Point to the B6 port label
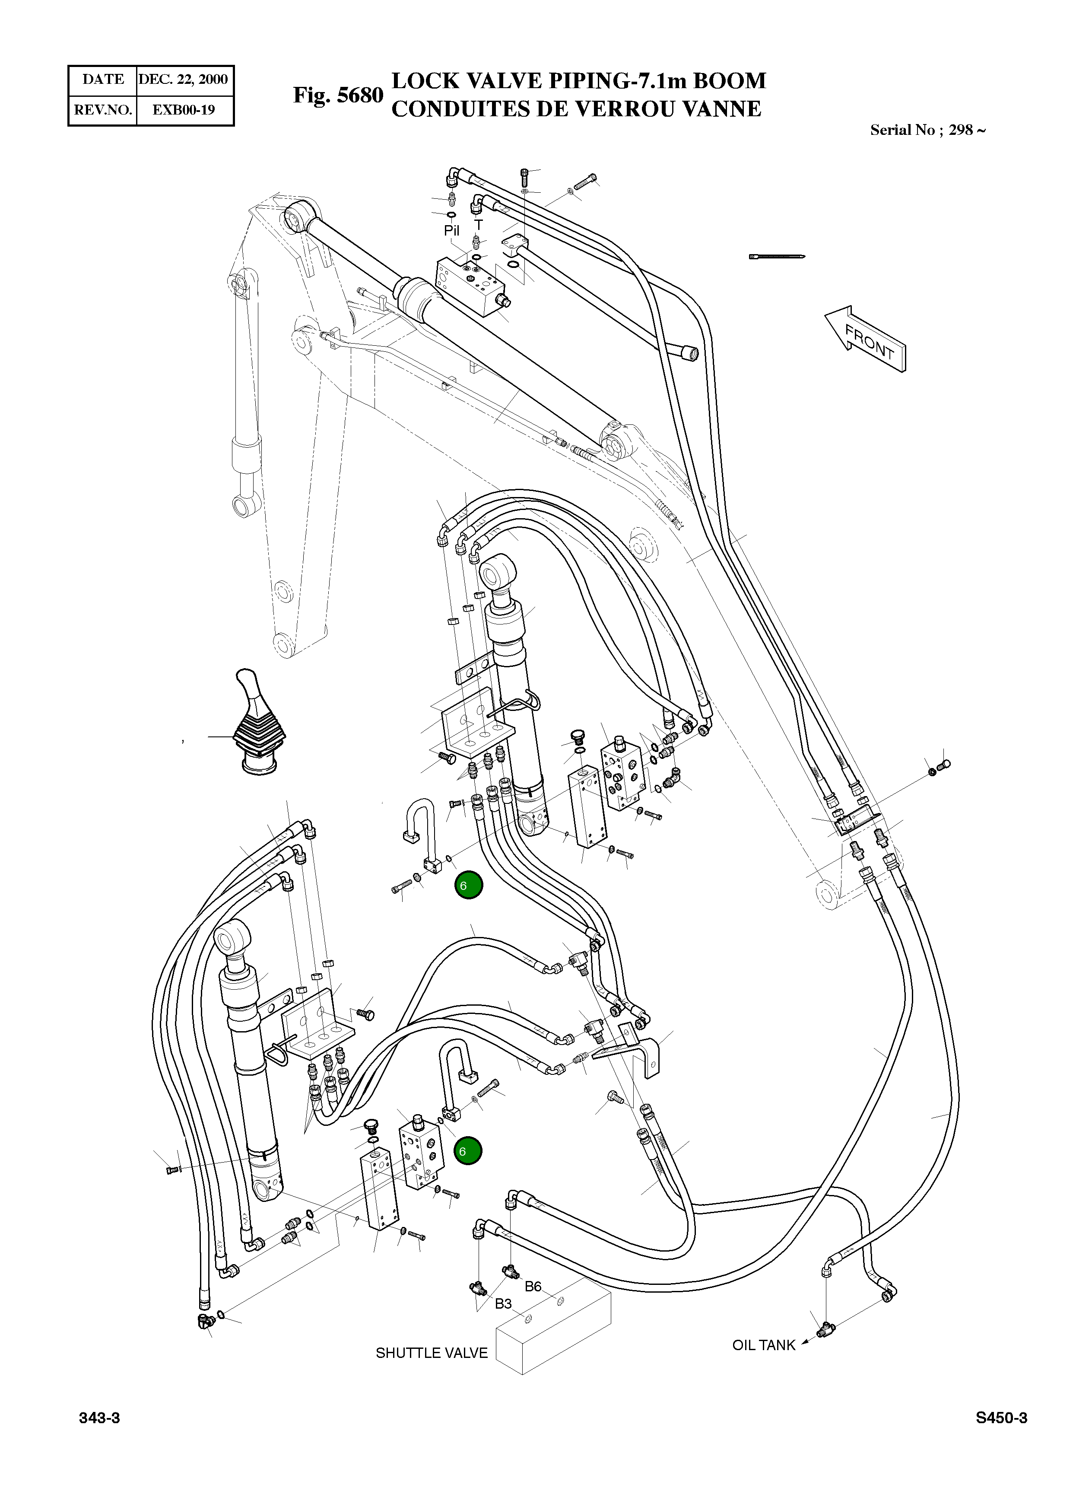533,1286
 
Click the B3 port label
503,1303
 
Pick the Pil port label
451,231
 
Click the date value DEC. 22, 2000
183,80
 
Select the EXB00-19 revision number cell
184,110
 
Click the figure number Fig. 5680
338,95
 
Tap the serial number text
927,130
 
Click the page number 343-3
99,1437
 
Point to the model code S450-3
1001,1437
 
